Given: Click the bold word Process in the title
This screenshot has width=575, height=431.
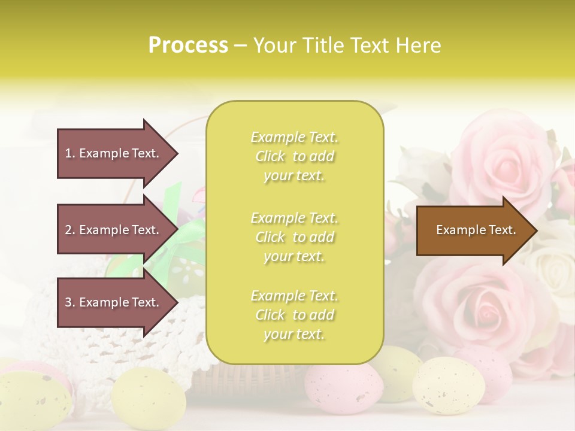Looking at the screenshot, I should point(188,45).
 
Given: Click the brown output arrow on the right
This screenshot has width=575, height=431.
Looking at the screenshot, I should point(473,230).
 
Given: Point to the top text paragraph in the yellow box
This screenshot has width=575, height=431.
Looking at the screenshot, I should point(294,156).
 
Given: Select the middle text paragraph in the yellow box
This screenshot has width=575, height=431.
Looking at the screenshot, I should point(294,236).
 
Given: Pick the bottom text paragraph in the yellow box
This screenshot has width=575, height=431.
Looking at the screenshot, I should point(294,315).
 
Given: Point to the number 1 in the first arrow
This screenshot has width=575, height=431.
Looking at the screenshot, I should point(68,153).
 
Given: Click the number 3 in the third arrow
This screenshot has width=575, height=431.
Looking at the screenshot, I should point(68,302).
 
